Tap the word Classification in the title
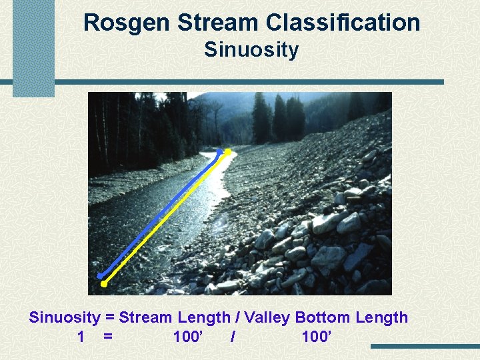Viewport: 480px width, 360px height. coord(343,23)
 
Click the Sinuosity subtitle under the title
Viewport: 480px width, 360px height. coord(251,50)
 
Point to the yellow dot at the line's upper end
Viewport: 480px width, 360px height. coord(228,152)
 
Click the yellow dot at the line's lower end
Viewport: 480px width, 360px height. coord(104,284)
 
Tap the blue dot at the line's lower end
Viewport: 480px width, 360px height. coord(100,275)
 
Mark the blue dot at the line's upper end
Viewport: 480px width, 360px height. coord(219,151)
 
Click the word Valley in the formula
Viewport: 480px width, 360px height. coord(267,317)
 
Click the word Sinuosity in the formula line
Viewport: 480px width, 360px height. coord(64,317)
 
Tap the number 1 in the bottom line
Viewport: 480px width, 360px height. coord(81,337)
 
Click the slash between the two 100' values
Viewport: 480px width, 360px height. coord(232,337)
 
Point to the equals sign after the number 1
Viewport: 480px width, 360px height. coord(108,337)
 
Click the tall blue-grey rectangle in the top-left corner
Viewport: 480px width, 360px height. coord(33,48)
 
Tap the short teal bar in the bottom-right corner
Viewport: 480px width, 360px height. coord(425,347)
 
